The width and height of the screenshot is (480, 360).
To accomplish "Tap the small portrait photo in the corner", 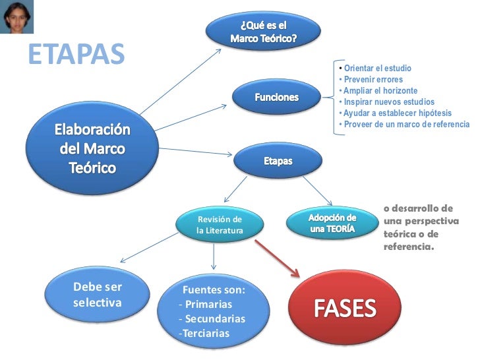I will click(18, 16).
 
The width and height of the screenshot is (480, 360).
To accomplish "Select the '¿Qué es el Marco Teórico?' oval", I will click(263, 30).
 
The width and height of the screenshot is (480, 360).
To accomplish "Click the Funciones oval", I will click(277, 98).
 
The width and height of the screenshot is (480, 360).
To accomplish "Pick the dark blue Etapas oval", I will click(278, 161).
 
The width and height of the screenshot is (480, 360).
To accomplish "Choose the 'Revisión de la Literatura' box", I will click(220, 225).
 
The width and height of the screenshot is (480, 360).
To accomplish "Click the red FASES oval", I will click(344, 308).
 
